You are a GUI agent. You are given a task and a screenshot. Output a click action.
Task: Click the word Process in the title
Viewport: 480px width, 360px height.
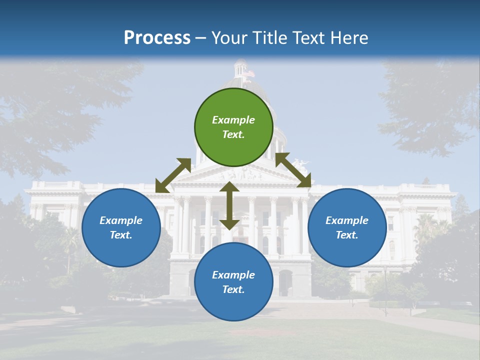coord(157,37)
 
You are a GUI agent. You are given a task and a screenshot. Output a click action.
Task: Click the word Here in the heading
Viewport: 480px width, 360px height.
coord(349,37)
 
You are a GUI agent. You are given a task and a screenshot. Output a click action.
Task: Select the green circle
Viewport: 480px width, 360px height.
coord(234,127)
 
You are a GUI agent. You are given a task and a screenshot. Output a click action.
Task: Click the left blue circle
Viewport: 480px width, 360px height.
coord(121,227)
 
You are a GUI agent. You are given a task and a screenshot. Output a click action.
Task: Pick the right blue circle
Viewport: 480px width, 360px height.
coord(347,227)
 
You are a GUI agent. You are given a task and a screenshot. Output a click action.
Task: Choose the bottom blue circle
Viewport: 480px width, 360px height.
coord(233,282)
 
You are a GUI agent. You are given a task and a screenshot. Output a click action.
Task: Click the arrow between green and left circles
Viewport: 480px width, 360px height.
coord(173,175)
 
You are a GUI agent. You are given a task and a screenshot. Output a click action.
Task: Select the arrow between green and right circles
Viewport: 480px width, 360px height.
coord(293,170)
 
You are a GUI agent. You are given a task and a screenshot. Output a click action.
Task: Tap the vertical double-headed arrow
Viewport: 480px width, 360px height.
coord(229,205)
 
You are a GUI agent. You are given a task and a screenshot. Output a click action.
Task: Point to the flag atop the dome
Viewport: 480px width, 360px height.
coord(248,74)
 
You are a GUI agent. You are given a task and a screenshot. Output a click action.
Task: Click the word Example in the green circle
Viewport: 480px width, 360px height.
coord(233,120)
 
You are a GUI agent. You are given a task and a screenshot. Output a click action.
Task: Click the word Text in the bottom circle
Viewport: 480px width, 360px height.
coord(233,289)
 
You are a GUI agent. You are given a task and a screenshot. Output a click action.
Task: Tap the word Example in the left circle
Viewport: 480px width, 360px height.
coord(121,220)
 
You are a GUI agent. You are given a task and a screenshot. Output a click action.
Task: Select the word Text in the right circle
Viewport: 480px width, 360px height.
coord(346,235)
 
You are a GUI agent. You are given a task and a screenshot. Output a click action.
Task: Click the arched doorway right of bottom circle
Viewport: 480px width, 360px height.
coord(285,283)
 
